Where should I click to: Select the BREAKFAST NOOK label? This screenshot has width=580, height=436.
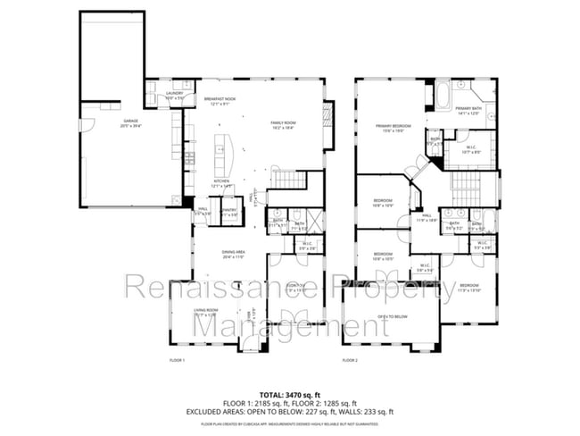(x=220, y=100)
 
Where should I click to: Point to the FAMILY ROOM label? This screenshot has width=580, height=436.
(x=284, y=126)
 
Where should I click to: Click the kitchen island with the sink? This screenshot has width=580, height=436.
(x=220, y=150)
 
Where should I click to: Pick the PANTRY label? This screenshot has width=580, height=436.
(x=228, y=212)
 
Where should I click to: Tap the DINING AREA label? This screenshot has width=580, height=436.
(x=234, y=254)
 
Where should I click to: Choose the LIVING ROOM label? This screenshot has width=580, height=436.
(x=207, y=312)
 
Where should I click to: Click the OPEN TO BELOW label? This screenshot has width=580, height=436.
(x=393, y=316)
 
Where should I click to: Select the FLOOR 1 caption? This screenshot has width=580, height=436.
(x=177, y=360)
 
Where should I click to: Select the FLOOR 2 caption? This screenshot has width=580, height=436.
(x=350, y=360)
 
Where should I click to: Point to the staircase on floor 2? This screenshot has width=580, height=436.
(x=465, y=187)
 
